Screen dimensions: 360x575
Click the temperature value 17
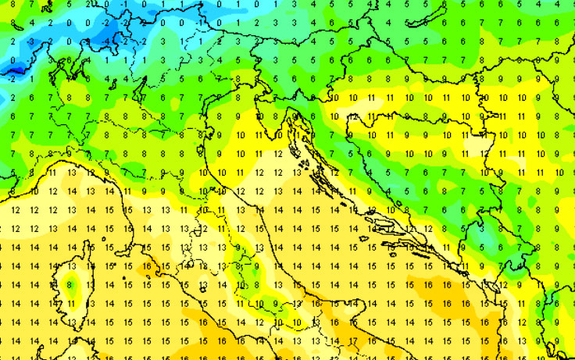(x=353, y=340)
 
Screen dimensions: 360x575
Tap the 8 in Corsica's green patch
(x=70, y=285)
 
